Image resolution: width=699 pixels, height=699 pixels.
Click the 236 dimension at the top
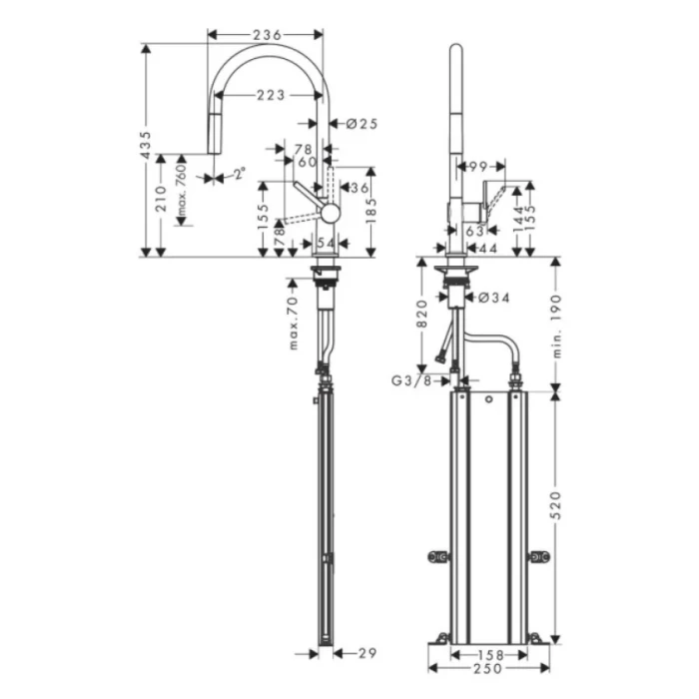tap(266, 35)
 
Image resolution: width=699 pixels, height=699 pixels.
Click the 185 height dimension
tap(373, 209)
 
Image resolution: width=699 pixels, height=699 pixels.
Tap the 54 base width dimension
tap(325, 244)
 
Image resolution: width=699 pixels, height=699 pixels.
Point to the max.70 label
tap(295, 322)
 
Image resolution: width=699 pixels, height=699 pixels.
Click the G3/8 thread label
tap(412, 379)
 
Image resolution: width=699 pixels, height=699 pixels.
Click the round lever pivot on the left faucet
tap(329, 211)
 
